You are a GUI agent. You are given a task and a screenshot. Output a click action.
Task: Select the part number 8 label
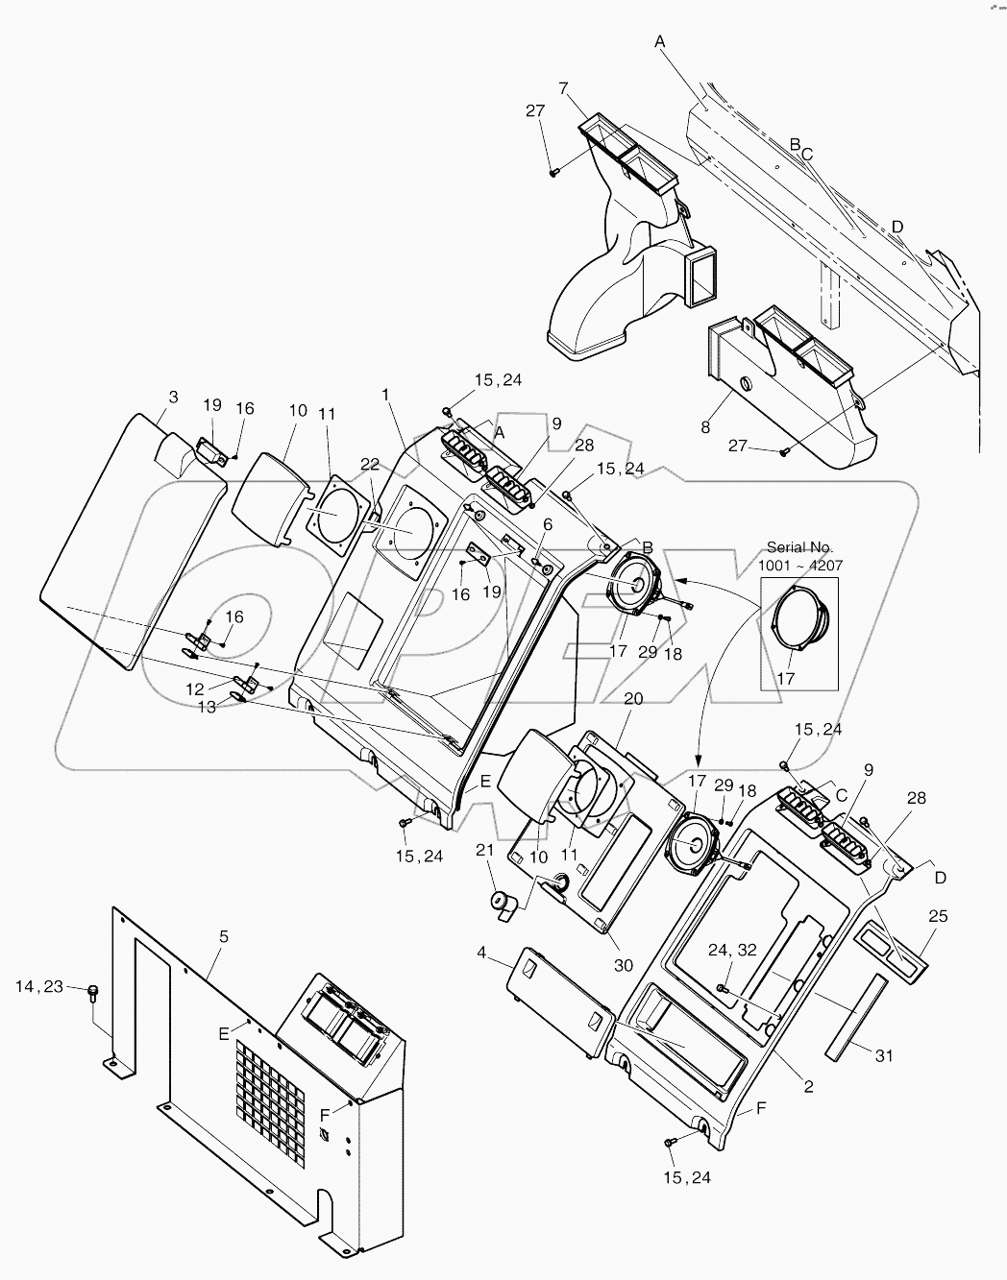point(705,427)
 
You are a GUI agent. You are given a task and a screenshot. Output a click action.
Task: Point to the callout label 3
point(173,396)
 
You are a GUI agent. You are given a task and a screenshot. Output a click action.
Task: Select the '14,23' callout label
point(39,985)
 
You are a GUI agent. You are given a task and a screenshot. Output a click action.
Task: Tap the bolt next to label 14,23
point(94,992)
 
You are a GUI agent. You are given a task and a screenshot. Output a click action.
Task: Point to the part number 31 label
point(884,1055)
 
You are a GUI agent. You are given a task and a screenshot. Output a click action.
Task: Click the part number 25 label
point(938,916)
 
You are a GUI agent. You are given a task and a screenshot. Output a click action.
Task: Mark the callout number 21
point(485,851)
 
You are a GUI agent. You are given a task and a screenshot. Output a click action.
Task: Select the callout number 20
point(632,699)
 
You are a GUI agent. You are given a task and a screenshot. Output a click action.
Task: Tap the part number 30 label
point(624,965)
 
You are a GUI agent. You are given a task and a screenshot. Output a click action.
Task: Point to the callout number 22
point(370,464)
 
